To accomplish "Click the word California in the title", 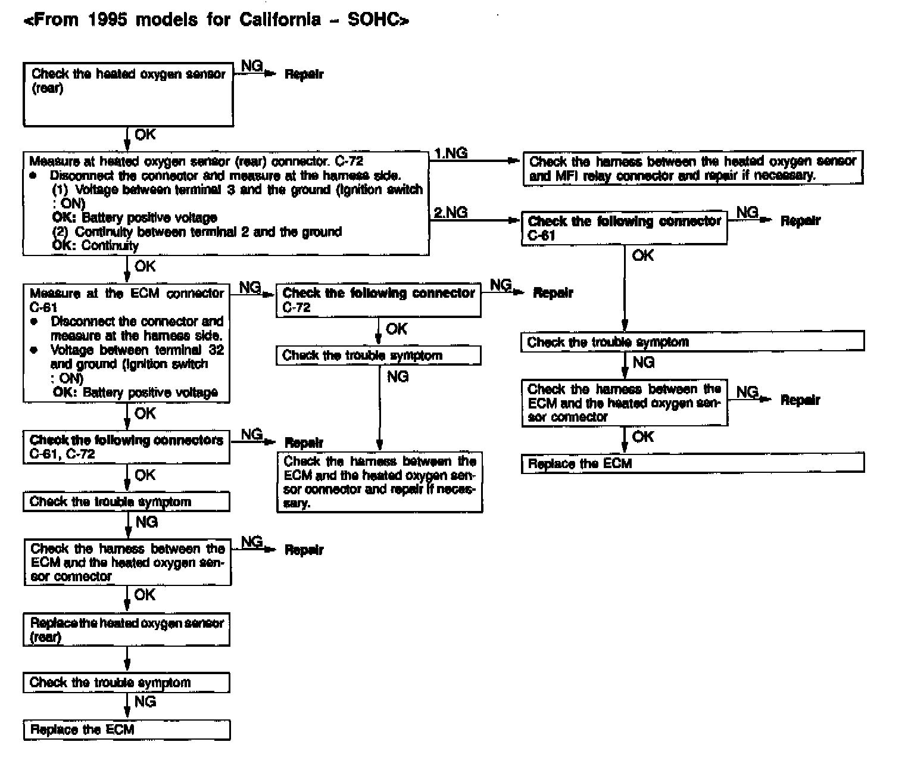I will pos(280,20).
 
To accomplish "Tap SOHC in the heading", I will pos(376,20).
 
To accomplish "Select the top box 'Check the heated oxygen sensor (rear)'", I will pos(128,94).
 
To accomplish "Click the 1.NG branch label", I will pos(451,154).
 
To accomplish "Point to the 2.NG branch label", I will pos(451,213).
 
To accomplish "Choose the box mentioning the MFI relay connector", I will pos(692,169).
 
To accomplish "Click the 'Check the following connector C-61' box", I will pos(624,228).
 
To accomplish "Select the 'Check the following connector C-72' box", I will pos(379,300).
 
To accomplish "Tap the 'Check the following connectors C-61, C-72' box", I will pos(126,447).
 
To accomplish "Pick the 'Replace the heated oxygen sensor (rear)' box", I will pos(127,630).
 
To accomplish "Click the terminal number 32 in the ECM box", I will pos(216,350).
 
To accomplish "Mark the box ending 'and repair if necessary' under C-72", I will pos(379,482).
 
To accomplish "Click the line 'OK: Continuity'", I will pos(95,245).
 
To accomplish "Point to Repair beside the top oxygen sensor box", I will pos(304,74).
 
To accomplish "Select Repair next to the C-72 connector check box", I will pos(553,293).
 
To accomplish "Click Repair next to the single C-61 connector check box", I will pos(800,221).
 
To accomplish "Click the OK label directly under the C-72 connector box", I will pos(397,329).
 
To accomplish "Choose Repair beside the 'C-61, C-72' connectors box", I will pos(304,443).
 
